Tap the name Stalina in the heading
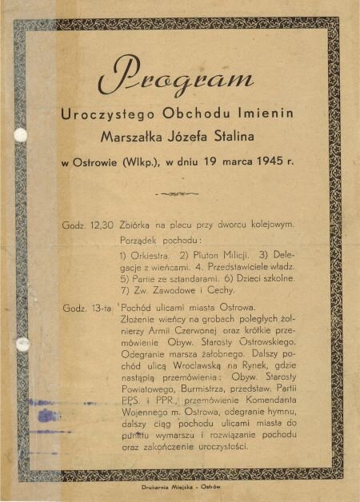[248, 135]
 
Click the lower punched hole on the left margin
[22, 344]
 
